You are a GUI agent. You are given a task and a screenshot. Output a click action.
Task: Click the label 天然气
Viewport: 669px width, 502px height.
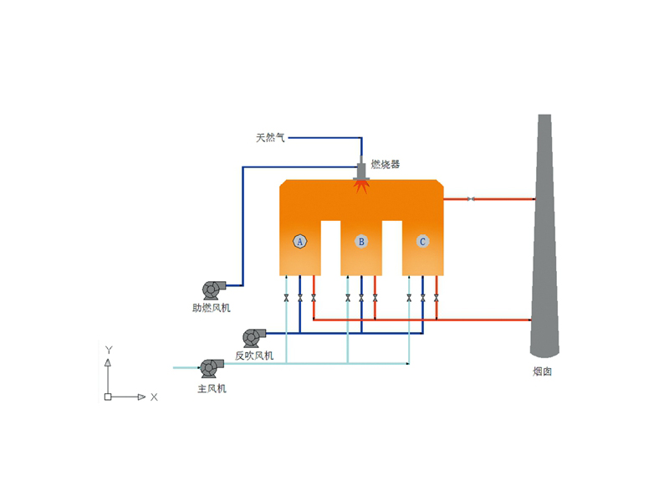tap(270, 137)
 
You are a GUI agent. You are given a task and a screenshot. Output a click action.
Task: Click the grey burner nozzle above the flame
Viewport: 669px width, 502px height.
tap(362, 169)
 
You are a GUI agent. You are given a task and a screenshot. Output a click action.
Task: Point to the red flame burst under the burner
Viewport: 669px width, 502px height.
tap(362, 187)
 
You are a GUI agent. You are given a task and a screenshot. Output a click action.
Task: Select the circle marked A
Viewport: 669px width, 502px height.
tap(299, 241)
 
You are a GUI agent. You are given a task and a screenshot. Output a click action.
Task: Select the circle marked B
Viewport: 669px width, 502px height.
tap(361, 241)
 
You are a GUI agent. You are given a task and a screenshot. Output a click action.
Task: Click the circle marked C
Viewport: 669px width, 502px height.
tap(422, 241)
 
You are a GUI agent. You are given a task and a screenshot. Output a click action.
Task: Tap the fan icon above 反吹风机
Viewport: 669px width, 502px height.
tap(253, 336)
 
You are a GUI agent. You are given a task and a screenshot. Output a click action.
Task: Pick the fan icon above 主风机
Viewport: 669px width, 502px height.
tap(209, 366)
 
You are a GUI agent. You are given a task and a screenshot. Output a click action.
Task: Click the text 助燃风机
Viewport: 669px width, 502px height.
tap(211, 308)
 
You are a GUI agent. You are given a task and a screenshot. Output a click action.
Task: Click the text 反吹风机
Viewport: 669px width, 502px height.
tap(253, 356)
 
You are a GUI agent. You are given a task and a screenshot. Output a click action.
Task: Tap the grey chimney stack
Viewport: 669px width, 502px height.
tap(544, 251)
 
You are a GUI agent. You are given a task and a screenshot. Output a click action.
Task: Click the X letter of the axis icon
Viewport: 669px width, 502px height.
tap(154, 397)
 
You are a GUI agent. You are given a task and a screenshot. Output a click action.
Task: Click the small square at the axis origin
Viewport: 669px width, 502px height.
tap(108, 397)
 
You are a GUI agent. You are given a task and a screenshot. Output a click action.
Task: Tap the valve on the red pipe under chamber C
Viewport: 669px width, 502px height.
tap(436, 298)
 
